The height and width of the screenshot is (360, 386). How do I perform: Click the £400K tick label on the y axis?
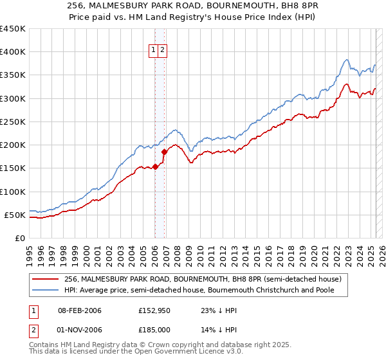pos(13,52)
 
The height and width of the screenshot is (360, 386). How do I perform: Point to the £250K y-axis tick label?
pos(13,122)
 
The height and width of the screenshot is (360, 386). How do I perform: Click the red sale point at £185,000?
pos(164,152)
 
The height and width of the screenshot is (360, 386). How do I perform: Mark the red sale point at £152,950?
pos(156,167)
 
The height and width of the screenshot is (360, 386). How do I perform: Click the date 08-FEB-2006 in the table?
pos(79,310)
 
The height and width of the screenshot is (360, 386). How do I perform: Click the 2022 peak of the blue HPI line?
pos(347,60)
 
